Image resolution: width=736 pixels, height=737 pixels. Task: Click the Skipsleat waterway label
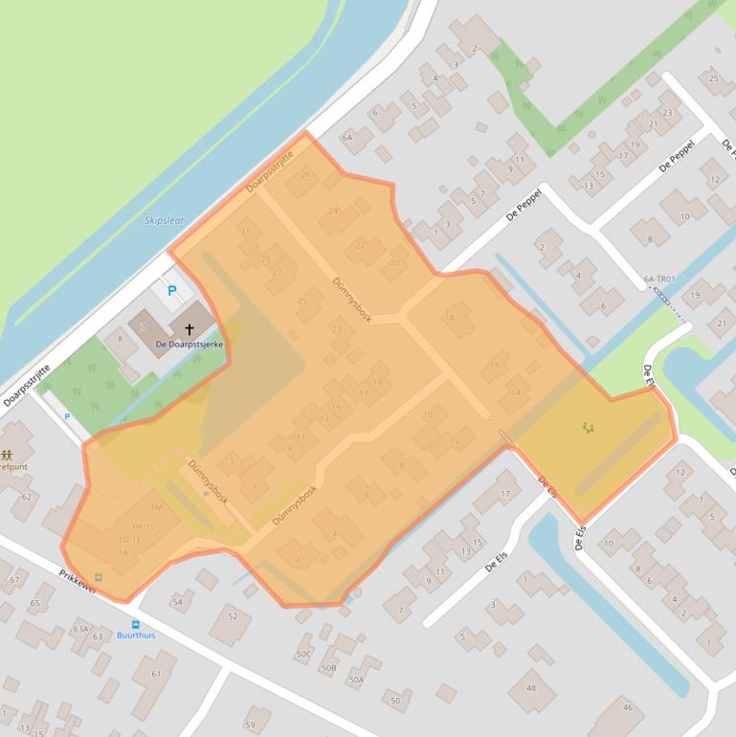click(x=164, y=219)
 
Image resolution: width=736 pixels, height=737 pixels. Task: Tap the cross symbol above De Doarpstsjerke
click(x=190, y=328)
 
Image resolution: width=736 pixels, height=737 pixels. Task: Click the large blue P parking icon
click(x=172, y=290)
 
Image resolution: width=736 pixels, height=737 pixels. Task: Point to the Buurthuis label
click(x=135, y=635)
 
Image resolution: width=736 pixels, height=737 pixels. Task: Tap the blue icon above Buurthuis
click(x=135, y=623)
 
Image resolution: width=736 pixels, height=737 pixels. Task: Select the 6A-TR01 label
click(x=659, y=279)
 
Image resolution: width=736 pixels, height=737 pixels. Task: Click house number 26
click(x=305, y=174)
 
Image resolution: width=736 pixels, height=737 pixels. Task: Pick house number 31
click(x=245, y=232)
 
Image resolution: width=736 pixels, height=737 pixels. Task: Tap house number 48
click(x=531, y=687)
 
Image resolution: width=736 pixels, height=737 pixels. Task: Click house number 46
click(x=627, y=707)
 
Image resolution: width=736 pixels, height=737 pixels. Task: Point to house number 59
click(x=251, y=725)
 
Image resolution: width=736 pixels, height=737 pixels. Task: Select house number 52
click(x=232, y=616)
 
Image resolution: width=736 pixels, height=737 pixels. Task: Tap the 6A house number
click(x=347, y=137)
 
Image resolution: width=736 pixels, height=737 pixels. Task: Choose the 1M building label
click(x=156, y=506)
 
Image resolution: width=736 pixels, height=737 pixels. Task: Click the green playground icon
click(x=587, y=428)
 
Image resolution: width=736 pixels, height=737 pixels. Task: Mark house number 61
click(x=156, y=673)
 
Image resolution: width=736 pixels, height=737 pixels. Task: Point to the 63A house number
click(x=80, y=629)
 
